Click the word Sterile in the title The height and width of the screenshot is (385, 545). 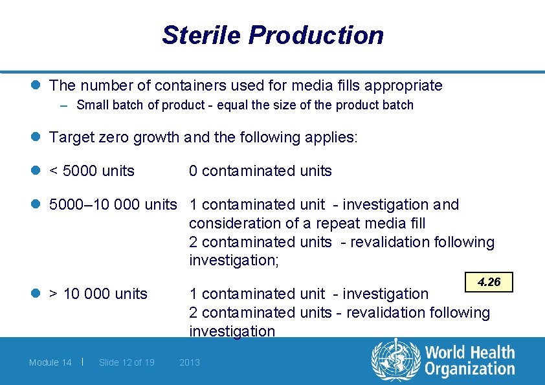(x=201, y=35)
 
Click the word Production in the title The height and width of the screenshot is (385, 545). (x=317, y=35)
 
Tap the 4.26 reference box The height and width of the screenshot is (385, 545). (x=489, y=282)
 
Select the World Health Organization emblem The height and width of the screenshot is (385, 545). (x=395, y=360)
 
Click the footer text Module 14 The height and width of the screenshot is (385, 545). (x=50, y=362)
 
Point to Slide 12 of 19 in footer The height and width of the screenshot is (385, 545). (x=127, y=362)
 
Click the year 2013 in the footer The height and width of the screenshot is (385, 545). (x=190, y=362)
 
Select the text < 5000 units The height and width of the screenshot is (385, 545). (x=92, y=171)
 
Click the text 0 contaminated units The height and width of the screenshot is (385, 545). (x=260, y=171)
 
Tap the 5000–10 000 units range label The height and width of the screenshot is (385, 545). (x=113, y=204)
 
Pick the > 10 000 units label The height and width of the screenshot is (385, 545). (x=98, y=294)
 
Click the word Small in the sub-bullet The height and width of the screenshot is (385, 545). (x=91, y=105)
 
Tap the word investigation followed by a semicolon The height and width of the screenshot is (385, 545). (x=232, y=260)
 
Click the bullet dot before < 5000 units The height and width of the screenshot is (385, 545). (x=39, y=171)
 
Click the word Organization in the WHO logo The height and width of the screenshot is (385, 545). (x=470, y=369)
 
